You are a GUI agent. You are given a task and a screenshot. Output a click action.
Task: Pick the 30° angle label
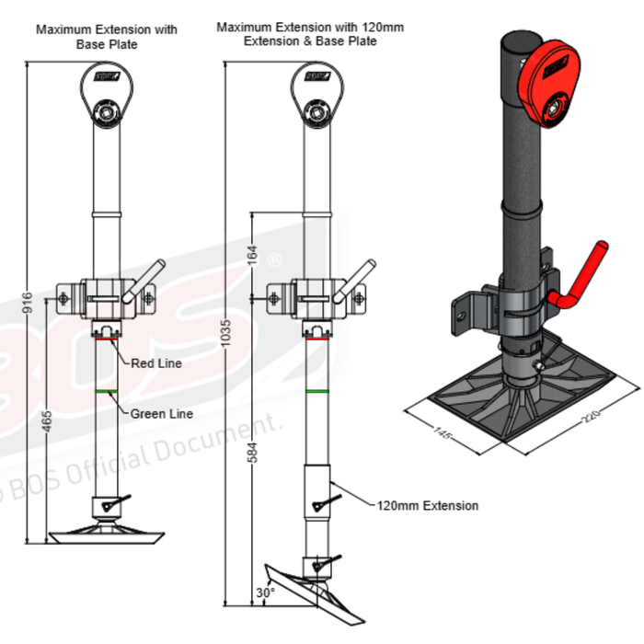pos(266,593)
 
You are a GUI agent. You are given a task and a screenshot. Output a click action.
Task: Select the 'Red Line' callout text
pos(155,363)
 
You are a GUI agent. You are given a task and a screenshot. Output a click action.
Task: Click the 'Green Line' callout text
pos(161,414)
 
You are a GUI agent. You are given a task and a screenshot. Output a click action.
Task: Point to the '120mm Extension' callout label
pos(427,505)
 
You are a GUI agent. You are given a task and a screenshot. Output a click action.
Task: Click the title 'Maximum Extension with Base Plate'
pos(107,36)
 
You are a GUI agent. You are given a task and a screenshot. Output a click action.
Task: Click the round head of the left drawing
pos(109,92)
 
